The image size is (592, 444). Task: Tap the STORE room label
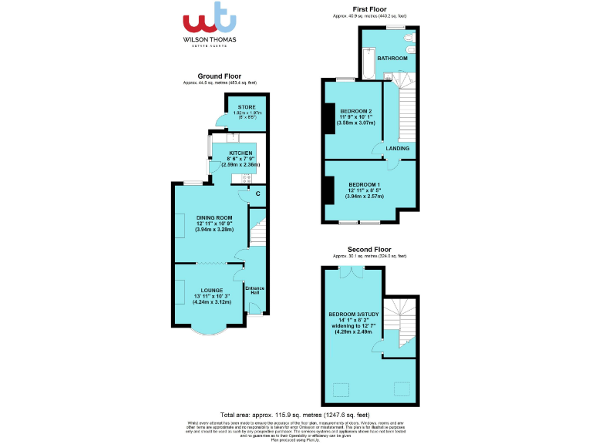(247, 107)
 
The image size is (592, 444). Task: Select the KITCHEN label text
(240, 153)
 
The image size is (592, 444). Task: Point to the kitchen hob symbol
(247, 180)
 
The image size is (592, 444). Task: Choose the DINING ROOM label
(214, 218)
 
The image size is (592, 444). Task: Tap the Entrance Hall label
(254, 291)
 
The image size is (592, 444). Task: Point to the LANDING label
(398, 148)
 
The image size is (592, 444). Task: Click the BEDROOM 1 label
(363, 185)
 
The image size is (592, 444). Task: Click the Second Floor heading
(369, 249)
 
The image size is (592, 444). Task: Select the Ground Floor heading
(220, 76)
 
